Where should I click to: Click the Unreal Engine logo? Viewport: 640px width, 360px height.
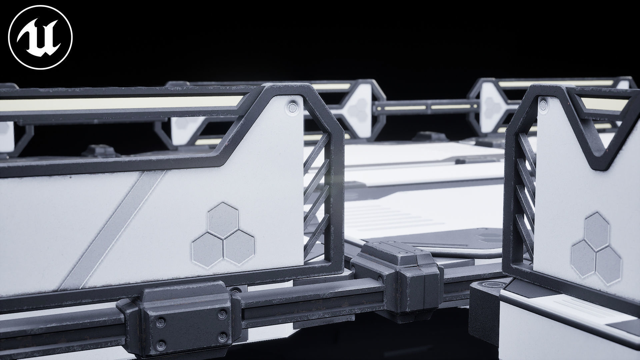(x=40, y=37)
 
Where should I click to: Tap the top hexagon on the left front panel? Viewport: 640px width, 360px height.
(x=222, y=215)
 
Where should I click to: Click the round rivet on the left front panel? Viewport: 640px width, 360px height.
(x=292, y=107)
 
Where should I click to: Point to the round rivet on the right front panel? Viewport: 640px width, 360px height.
(x=543, y=106)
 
